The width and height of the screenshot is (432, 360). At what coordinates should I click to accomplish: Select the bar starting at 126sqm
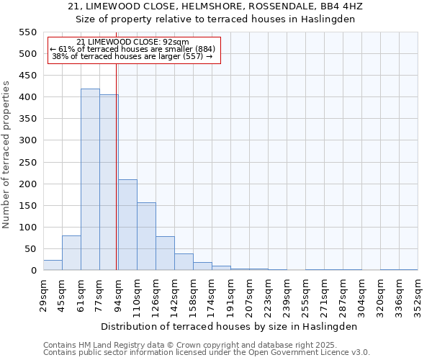(165, 253)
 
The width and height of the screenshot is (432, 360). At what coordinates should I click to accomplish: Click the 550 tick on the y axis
(27, 32)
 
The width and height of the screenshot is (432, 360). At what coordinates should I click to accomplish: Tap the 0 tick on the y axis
(33, 271)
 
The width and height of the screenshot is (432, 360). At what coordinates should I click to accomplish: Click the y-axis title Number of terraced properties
(6, 155)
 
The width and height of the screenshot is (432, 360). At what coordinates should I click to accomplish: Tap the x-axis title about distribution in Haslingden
(230, 326)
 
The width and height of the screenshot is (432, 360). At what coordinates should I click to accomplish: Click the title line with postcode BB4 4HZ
(215, 6)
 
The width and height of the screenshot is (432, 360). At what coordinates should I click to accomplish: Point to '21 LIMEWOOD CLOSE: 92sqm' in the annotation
(132, 42)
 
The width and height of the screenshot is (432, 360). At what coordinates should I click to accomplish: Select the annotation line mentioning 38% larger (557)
(132, 56)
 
